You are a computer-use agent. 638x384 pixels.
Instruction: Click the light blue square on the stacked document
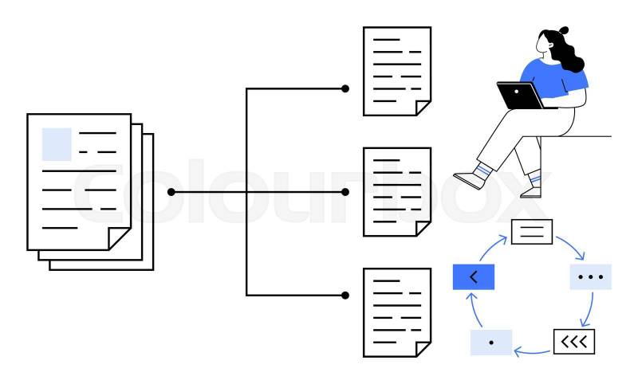coord(57,143)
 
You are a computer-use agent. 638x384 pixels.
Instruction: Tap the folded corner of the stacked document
coord(120,237)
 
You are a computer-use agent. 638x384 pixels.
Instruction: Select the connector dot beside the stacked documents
coord(171,192)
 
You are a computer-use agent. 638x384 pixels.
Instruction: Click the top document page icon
coord(397,71)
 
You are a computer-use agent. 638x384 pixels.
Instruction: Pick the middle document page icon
coord(397,191)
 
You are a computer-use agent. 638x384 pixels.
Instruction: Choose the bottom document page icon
coord(397,312)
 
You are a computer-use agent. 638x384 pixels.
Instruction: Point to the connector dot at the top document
coord(345,88)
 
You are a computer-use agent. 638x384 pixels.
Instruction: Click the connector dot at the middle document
coord(345,192)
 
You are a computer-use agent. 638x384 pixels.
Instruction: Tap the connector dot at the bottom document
coord(345,295)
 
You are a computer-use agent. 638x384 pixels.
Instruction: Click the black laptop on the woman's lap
coord(520,95)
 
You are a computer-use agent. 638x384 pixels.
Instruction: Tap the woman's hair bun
coord(565,31)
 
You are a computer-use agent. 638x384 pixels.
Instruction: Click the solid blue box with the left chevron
coord(474,276)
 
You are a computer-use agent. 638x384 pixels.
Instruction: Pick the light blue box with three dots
coord(591,277)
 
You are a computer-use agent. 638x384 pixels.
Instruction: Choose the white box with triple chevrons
coord(574,342)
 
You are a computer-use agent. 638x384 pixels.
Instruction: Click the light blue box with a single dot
coord(491,342)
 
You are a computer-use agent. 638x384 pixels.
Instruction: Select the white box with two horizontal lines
coord(532,231)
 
